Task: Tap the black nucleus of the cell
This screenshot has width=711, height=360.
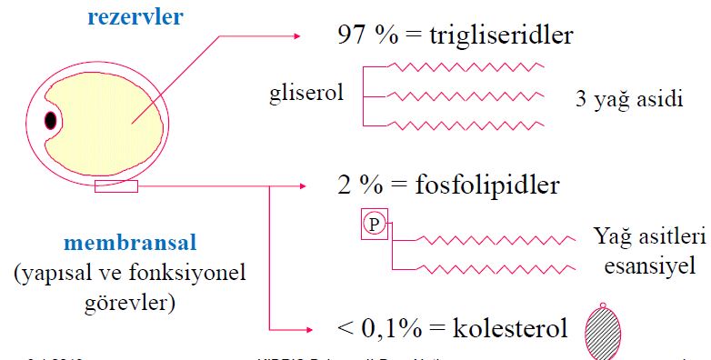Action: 51,119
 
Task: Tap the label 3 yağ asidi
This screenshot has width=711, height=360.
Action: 628,99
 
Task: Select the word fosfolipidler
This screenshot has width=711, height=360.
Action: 483,186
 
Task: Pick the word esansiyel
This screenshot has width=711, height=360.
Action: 643,269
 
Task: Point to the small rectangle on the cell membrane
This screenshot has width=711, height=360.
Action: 116,187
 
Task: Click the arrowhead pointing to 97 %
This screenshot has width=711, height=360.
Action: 295,36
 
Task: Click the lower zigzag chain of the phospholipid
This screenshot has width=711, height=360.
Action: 496,269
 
